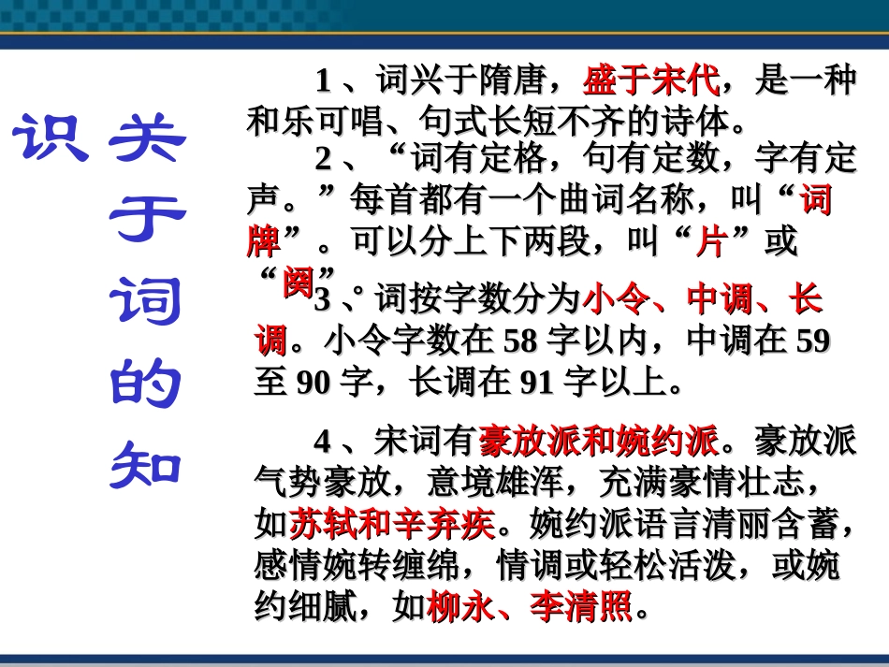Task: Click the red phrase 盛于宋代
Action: (x=651, y=82)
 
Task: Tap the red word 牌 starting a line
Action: (x=263, y=242)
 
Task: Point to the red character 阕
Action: (x=298, y=282)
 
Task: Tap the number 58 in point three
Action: (x=521, y=341)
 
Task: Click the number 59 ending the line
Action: (x=812, y=341)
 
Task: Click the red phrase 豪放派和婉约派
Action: (x=600, y=438)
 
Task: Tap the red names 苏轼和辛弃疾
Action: (x=392, y=525)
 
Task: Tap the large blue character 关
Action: (x=147, y=140)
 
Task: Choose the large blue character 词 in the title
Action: (x=147, y=304)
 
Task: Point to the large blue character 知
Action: (x=147, y=465)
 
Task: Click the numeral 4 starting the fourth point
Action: (x=323, y=439)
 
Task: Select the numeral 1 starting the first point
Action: (x=323, y=82)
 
